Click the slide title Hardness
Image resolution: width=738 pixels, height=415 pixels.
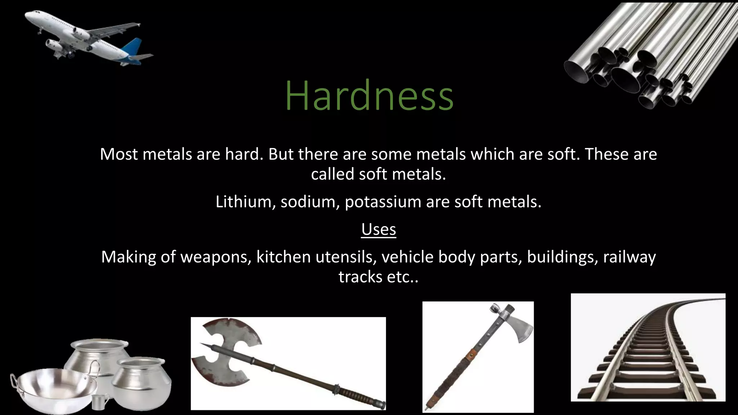369,96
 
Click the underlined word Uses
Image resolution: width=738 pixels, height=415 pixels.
378,229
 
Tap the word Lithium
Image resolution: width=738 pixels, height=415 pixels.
243,202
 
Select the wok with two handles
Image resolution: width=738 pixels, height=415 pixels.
54,391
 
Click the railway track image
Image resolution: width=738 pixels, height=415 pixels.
648,348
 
